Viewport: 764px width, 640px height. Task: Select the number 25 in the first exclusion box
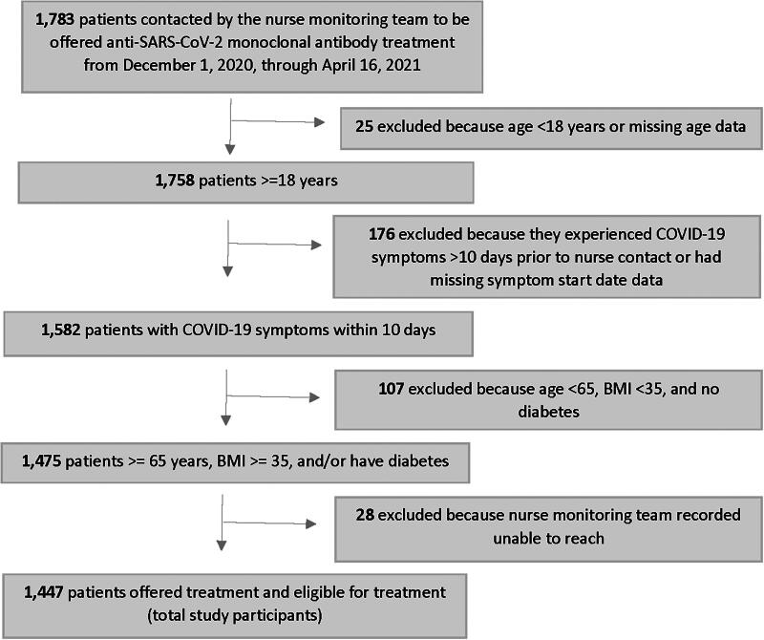click(x=364, y=128)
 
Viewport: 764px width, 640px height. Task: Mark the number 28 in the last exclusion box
click(x=362, y=515)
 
